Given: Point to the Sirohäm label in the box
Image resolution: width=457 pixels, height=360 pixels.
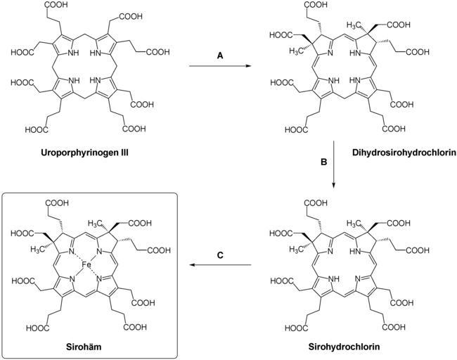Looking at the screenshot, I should [x=94, y=347].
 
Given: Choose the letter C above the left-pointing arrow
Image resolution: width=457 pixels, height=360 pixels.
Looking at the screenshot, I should [x=220, y=255].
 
